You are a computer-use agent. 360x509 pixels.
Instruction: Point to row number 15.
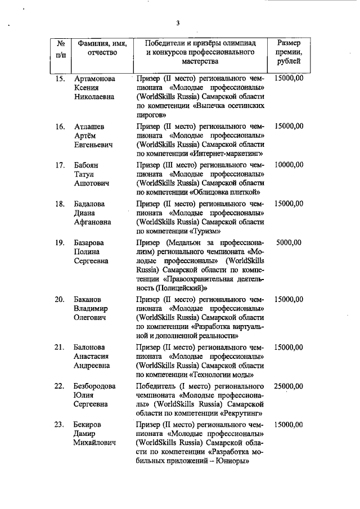click(x=60, y=79)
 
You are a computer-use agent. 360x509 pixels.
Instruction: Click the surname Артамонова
click(x=96, y=79)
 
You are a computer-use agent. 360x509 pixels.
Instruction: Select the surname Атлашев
click(x=89, y=126)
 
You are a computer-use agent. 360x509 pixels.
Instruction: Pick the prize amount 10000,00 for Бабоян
click(x=289, y=165)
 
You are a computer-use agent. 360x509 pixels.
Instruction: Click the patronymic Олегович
click(x=92, y=318)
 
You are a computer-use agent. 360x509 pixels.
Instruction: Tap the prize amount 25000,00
click(x=289, y=386)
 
